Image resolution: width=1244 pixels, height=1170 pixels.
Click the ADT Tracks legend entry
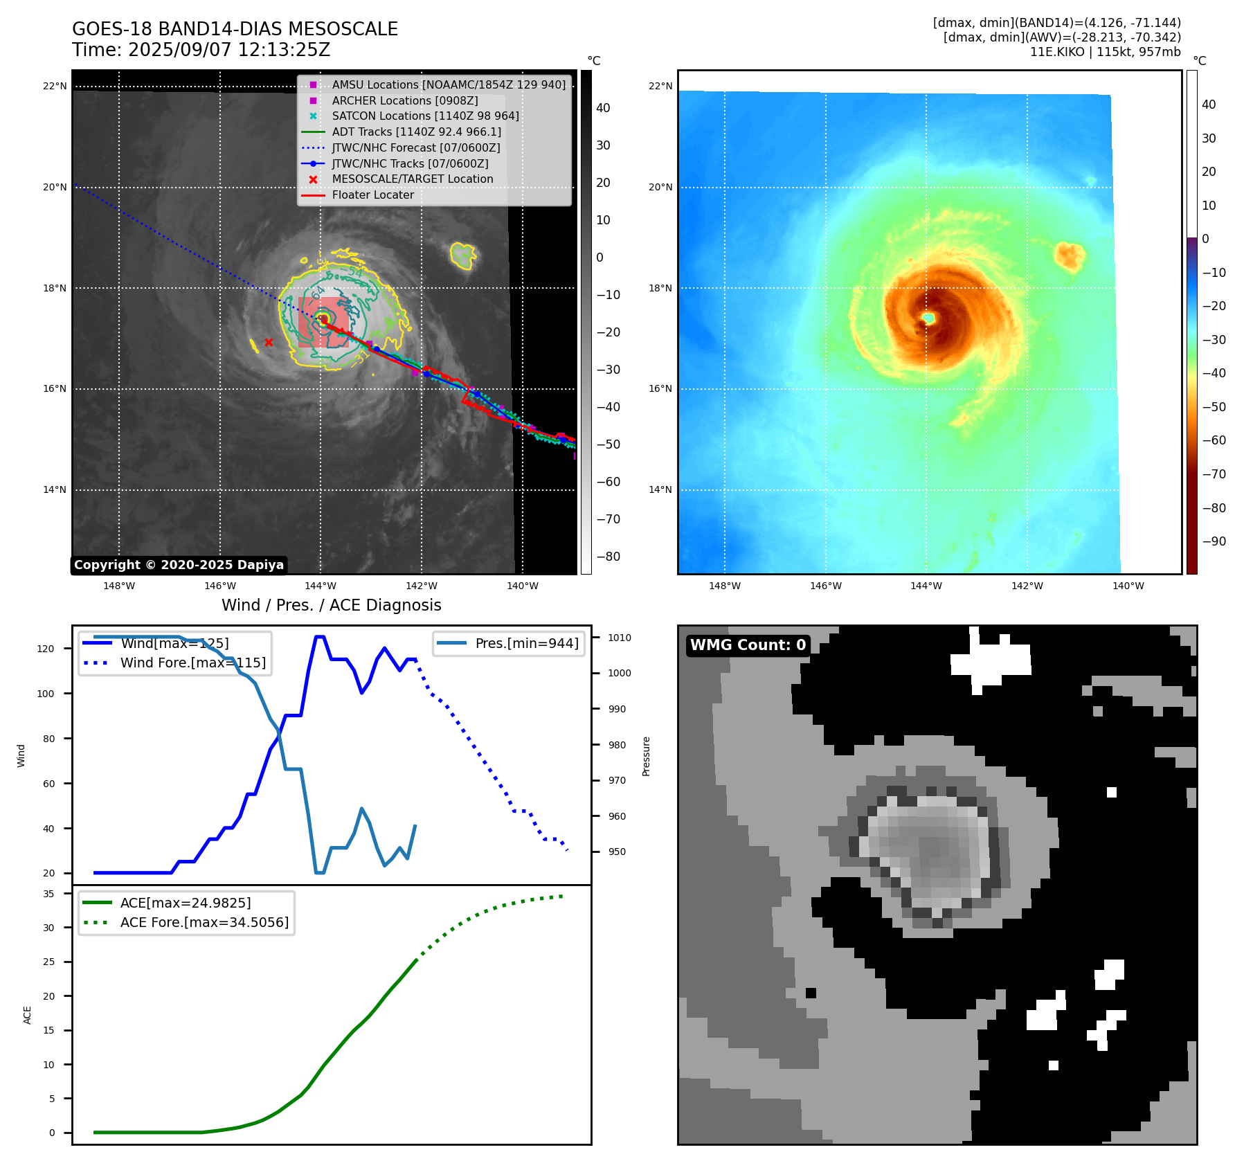[x=416, y=132]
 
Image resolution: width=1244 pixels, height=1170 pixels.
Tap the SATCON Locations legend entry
[x=425, y=116]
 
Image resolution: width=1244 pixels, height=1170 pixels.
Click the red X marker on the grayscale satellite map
[x=269, y=342]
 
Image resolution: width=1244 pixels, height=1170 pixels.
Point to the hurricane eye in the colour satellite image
[x=928, y=318]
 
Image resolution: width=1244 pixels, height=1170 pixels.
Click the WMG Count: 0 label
[x=748, y=645]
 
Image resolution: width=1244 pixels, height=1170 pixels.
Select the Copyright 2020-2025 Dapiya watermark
[x=179, y=565]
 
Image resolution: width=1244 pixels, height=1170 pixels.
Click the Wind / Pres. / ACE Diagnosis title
[x=331, y=605]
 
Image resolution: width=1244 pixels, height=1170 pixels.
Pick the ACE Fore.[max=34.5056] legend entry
[x=204, y=922]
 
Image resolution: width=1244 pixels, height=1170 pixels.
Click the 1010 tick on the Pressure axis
[x=620, y=638]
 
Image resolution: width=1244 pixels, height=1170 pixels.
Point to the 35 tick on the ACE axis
[x=48, y=894]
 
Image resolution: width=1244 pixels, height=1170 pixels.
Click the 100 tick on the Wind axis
[x=46, y=694]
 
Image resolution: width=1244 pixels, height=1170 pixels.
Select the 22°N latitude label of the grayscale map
[x=55, y=87]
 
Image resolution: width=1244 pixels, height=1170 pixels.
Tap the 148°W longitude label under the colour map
[x=725, y=586]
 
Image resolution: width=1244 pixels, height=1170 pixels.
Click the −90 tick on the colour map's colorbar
[x=1214, y=541]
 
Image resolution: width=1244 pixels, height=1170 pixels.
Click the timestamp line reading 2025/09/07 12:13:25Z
[x=201, y=50]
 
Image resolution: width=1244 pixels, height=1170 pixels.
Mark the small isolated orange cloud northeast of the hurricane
[x=1069, y=255]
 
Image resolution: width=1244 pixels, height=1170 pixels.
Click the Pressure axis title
[x=646, y=756]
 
